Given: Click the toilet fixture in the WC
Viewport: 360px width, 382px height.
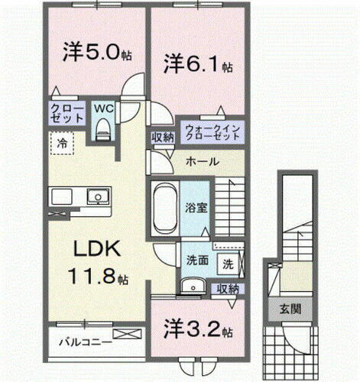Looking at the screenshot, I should (x=103, y=131).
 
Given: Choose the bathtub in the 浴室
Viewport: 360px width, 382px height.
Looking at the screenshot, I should (x=162, y=209).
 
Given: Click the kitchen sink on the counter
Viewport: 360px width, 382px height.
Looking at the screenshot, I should (x=96, y=198).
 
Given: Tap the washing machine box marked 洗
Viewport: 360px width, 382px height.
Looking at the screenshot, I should (x=228, y=265).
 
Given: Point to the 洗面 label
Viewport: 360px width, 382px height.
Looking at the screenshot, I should (x=197, y=261).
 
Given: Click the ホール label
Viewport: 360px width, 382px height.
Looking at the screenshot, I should (x=203, y=162).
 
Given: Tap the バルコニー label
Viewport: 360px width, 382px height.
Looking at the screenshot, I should (x=86, y=342).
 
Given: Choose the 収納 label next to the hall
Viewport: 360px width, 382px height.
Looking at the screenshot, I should (x=162, y=137).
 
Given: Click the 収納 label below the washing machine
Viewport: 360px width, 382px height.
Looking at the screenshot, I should (x=227, y=288).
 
